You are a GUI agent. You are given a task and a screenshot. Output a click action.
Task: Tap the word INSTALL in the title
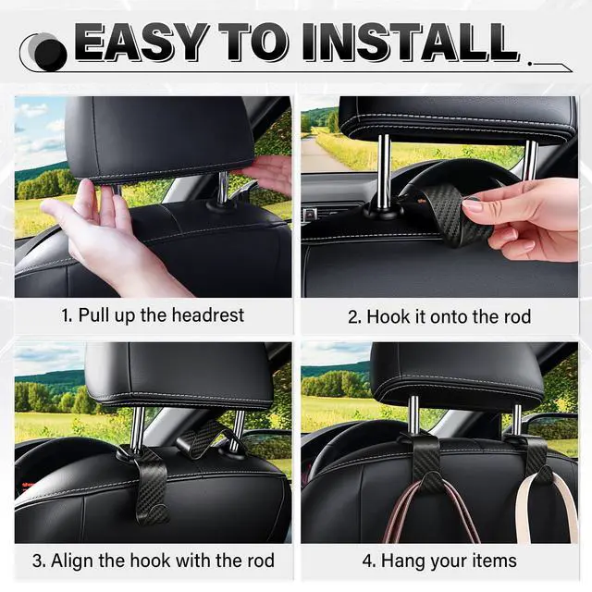click(411, 43)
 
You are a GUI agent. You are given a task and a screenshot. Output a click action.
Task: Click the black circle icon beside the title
click(50, 55)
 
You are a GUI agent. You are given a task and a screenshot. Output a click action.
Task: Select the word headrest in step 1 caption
click(207, 314)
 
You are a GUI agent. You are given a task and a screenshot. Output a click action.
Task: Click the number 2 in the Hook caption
click(353, 317)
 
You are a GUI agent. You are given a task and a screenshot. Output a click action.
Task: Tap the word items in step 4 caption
click(496, 561)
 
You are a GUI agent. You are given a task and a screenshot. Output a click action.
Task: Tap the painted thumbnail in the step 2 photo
click(473, 205)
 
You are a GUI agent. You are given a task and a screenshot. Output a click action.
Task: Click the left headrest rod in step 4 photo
click(413, 415)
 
